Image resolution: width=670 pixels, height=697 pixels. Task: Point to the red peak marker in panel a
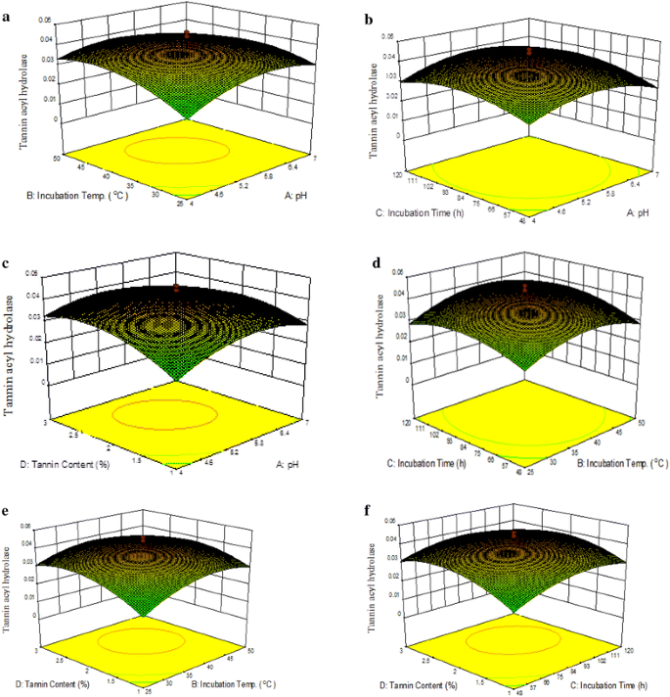click(x=187, y=35)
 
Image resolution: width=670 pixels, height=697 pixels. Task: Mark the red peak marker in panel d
click(x=526, y=287)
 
